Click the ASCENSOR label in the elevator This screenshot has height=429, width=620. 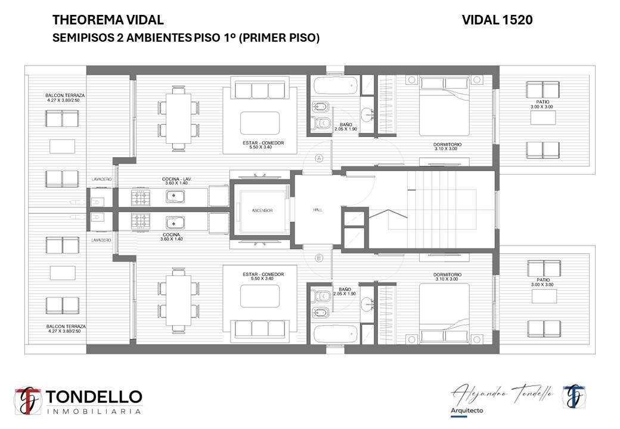(x=262, y=210)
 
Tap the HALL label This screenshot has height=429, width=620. (x=318, y=210)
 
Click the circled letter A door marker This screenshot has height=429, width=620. (x=319, y=158)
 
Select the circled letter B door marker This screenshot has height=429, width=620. (x=319, y=259)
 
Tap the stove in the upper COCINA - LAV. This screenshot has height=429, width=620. (x=141, y=198)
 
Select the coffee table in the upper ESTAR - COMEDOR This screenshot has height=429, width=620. (x=260, y=123)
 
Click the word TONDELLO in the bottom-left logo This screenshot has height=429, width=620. (x=94, y=397)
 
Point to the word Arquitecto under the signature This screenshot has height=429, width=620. (x=467, y=411)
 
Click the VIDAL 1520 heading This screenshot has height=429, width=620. (x=497, y=20)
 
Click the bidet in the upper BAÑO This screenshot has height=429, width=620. (x=321, y=107)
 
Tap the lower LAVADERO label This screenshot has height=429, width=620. (x=101, y=240)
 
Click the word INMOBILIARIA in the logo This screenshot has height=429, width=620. (x=94, y=412)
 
